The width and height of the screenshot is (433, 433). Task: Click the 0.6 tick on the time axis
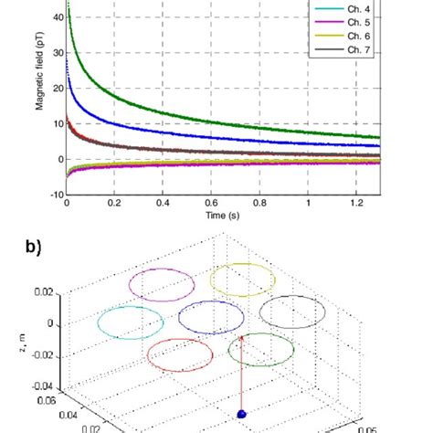click(x=212, y=205)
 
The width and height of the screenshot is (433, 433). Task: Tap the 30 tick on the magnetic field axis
click(x=57, y=53)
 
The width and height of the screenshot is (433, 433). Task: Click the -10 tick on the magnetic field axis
click(x=55, y=195)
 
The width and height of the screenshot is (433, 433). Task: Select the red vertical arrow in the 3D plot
click(x=242, y=375)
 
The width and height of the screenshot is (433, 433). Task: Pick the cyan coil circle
click(x=128, y=322)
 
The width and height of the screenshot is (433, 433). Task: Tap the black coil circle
click(x=292, y=312)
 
